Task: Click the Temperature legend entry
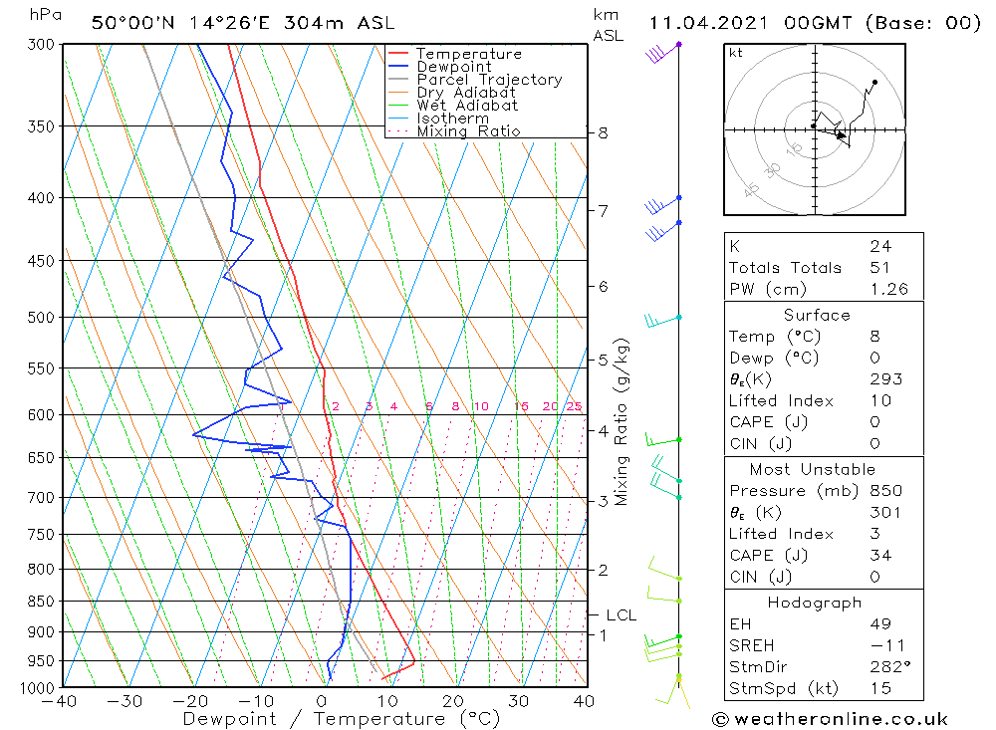(x=468, y=54)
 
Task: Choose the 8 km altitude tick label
(x=603, y=132)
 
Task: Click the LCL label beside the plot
(x=621, y=614)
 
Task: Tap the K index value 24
(x=879, y=246)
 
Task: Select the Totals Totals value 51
(x=879, y=267)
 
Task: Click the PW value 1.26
(x=888, y=289)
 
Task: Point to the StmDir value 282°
(x=888, y=667)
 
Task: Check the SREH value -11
(x=884, y=645)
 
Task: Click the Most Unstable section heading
(x=814, y=469)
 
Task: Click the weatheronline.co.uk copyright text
(x=830, y=718)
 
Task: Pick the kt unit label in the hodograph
(x=735, y=53)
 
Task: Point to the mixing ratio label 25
(x=574, y=406)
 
